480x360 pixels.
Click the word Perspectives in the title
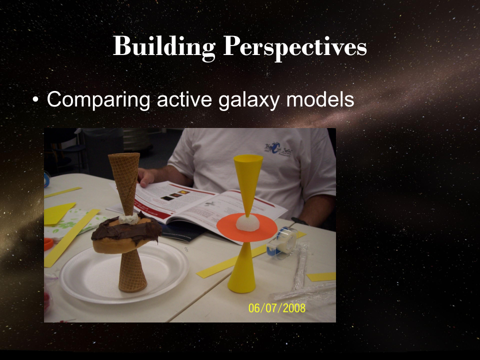click(295, 47)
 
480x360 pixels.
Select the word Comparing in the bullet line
click(98, 99)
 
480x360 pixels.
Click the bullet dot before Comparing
click(35, 100)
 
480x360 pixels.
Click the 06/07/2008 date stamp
click(276, 307)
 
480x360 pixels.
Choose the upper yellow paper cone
click(247, 180)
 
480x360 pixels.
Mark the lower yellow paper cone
click(242, 272)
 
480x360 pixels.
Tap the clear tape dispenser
click(282, 242)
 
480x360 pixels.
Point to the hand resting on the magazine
click(145, 176)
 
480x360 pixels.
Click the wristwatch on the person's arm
click(299, 220)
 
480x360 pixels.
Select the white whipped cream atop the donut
click(128, 219)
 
